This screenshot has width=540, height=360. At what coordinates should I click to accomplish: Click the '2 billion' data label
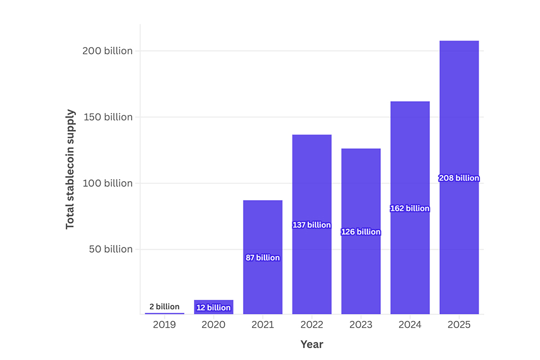click(164, 307)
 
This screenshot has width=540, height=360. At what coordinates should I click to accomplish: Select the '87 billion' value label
click(263, 258)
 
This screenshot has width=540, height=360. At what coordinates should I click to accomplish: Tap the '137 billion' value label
click(312, 225)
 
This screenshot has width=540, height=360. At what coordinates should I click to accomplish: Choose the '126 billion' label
click(361, 232)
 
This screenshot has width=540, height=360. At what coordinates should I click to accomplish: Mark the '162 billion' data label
click(410, 208)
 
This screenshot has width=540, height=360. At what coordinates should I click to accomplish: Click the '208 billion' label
click(459, 178)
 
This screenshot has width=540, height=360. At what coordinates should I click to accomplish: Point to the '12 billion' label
click(214, 308)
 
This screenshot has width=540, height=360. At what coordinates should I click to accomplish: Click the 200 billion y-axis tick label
click(107, 51)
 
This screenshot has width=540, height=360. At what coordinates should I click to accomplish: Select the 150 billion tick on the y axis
click(107, 117)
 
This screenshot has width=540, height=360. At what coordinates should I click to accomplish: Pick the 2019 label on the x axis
click(164, 325)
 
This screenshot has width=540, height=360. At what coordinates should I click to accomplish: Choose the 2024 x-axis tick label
click(410, 325)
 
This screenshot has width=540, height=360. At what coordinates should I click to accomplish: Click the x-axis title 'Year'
click(312, 344)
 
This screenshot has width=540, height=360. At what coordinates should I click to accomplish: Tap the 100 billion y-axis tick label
click(107, 183)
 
